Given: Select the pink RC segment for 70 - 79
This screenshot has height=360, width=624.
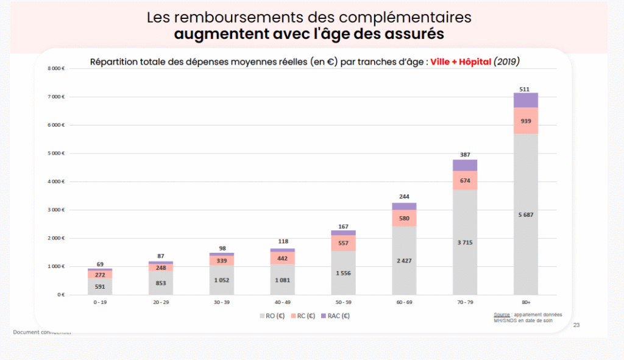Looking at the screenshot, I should point(464,180).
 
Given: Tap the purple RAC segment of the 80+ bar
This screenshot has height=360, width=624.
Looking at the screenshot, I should point(525,100).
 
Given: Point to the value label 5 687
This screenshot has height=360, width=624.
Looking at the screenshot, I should point(525,214).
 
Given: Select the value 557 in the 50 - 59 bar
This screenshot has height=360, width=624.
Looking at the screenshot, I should point(343,243).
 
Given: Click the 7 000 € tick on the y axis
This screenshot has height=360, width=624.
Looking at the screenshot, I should point(56,97).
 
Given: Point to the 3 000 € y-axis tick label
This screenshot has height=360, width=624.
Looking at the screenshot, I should point(56,210).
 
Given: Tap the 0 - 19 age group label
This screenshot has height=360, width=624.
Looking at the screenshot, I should point(100,302).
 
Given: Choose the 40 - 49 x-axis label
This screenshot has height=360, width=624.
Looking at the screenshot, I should point(282,302).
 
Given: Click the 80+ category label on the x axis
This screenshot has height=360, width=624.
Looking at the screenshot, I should point(525,302).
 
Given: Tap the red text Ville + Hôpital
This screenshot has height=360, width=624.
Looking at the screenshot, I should point(461,62).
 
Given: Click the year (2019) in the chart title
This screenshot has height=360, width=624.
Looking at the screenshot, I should point(507,62).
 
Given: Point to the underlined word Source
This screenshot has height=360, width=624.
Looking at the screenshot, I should point(502,314).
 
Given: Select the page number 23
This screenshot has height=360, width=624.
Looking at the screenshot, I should point(576,325).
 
